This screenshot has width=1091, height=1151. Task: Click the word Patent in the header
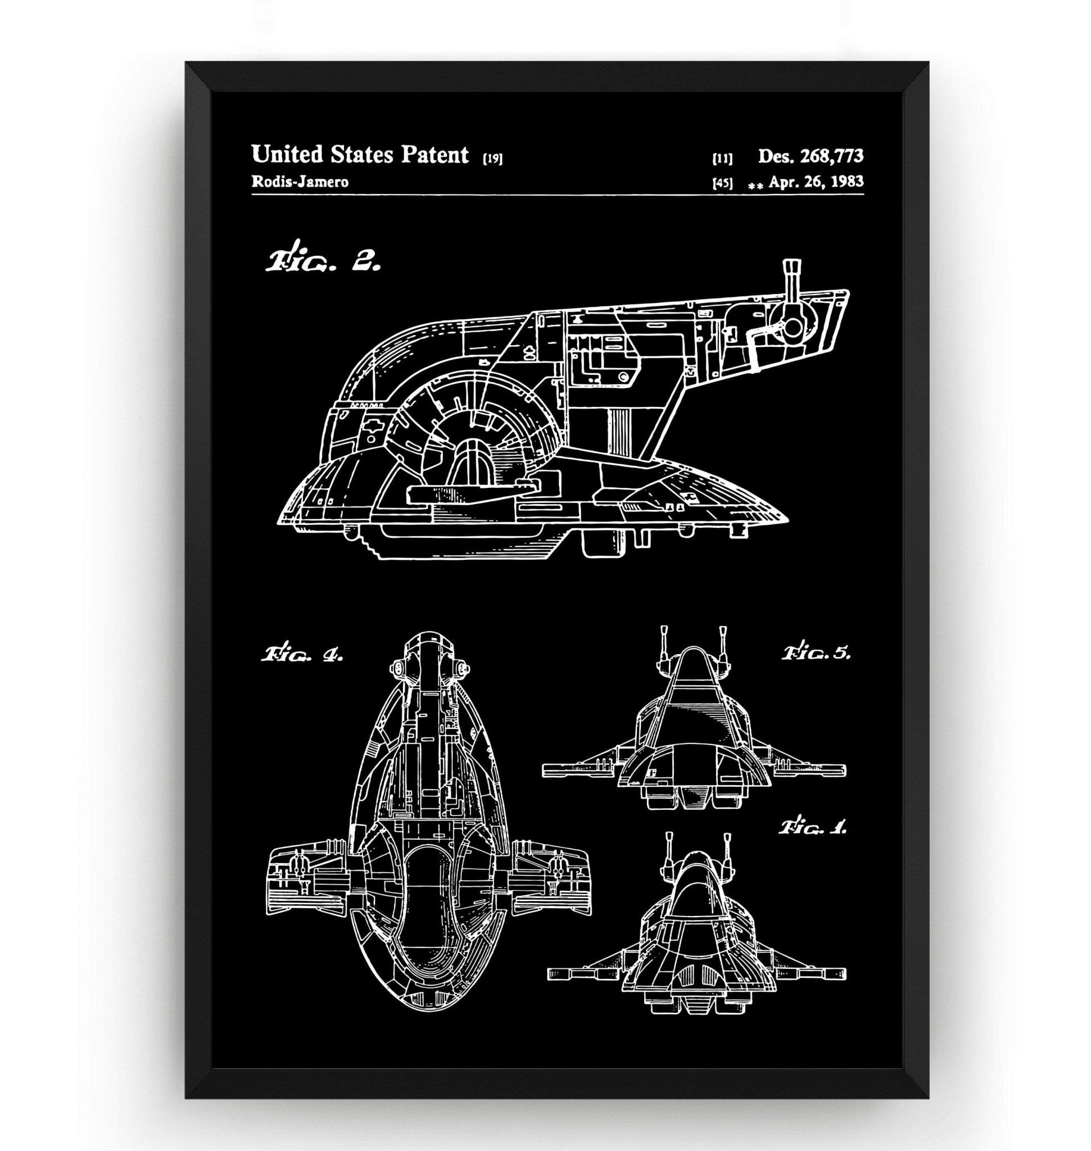pyautogui.click(x=434, y=155)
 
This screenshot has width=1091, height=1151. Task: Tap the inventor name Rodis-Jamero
pyautogui.click(x=300, y=182)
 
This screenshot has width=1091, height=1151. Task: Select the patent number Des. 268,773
pyautogui.click(x=810, y=156)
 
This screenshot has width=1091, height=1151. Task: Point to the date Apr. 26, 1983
pyautogui.click(x=816, y=182)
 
